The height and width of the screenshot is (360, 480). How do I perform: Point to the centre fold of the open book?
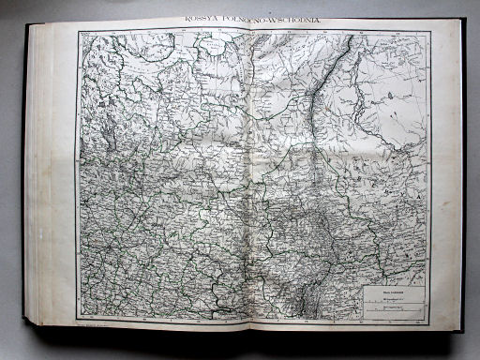click(246, 178)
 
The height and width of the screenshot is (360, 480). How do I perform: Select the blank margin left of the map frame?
click(66, 178)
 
